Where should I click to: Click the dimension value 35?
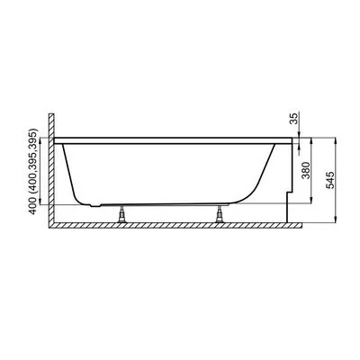[295, 118]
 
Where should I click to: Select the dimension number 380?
[306, 170]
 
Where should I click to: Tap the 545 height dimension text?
[329, 180]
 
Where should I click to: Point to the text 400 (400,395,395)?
[34, 171]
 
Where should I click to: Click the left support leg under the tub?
[122, 214]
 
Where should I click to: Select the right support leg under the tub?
[220, 214]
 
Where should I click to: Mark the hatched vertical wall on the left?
[51, 168]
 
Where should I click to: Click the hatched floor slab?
[175, 226]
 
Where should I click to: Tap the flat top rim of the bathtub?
[173, 141]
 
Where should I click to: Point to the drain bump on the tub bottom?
[95, 205]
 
